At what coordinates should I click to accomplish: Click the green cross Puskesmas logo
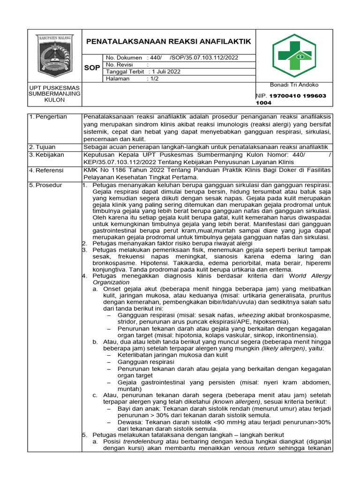(294, 55)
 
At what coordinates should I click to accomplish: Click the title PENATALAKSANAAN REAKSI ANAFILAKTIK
(169, 41)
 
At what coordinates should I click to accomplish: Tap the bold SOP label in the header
(92, 68)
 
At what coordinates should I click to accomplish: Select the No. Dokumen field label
(124, 57)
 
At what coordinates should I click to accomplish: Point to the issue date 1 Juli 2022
(165, 72)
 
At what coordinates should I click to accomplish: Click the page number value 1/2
(153, 79)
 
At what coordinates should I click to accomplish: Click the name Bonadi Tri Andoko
(294, 85)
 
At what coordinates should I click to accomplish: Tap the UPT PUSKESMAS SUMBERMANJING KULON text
(55, 94)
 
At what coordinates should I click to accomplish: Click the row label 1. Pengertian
(48, 117)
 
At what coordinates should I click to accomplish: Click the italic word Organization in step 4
(111, 283)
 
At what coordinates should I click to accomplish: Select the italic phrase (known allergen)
(236, 402)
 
